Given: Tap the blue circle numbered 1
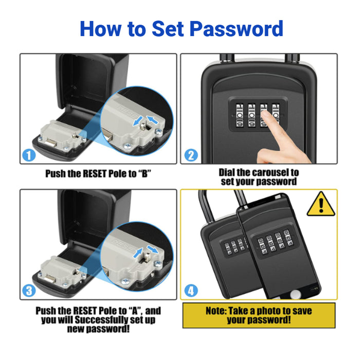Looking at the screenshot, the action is click(29, 155).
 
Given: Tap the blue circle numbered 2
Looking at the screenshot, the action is click(191, 155).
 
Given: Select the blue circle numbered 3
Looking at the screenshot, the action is click(29, 291).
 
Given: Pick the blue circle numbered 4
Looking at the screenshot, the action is click(191, 291).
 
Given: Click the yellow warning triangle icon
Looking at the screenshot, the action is click(321, 204).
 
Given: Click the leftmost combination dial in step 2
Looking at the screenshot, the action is click(240, 115).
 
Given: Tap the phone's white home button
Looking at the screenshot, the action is click(296, 295).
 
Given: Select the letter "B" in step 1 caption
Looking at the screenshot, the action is click(144, 174).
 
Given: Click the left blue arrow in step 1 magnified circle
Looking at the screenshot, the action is click(138, 121).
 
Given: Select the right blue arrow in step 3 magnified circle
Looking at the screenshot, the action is click(153, 249).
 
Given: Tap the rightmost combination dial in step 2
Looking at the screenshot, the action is click(276, 115).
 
